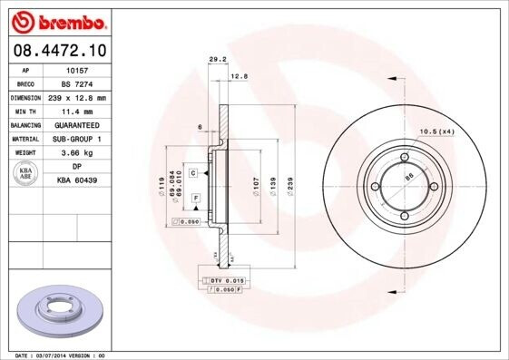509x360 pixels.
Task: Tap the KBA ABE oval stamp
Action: tap(27, 173)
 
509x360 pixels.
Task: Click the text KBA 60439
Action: tap(76, 181)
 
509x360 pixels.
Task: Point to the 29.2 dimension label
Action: tap(217, 61)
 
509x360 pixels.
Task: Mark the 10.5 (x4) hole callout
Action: tap(436, 133)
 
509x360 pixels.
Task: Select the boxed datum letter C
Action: tap(194, 170)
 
